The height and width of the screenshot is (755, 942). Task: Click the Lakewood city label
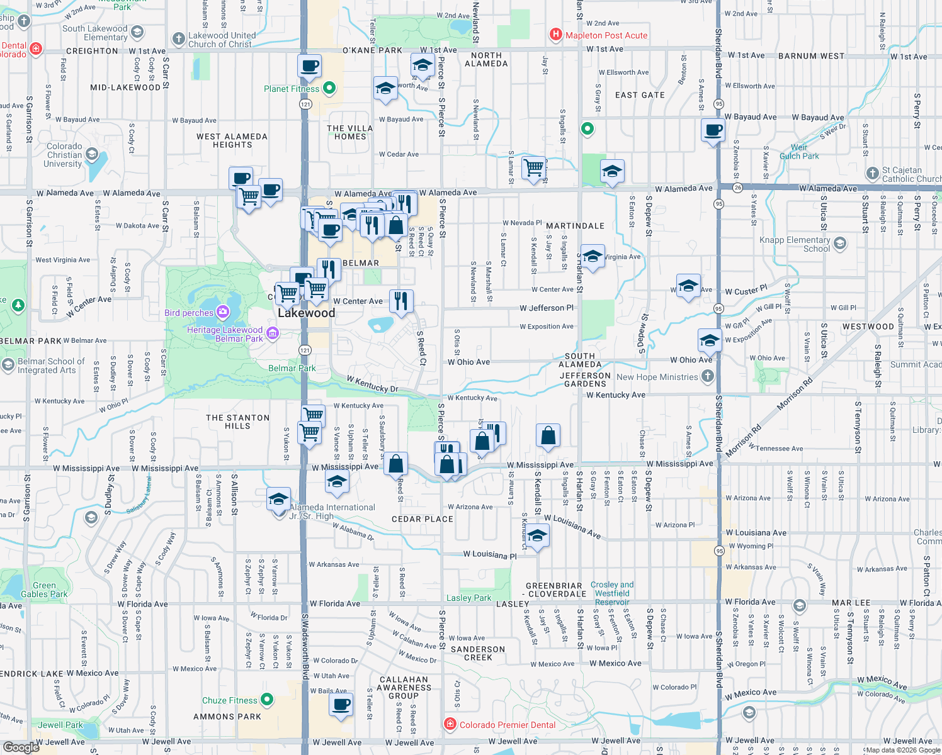coord(307,313)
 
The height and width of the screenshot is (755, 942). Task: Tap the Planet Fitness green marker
coord(329,89)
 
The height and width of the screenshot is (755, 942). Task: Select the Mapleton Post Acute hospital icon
coord(555,35)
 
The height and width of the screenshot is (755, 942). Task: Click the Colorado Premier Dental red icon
coord(450,724)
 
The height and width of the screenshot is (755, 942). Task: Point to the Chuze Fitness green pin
coord(267,700)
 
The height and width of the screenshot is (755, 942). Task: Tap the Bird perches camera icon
coord(222,312)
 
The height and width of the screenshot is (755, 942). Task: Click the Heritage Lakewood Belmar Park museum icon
coord(273,333)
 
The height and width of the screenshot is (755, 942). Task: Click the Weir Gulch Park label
coord(799,152)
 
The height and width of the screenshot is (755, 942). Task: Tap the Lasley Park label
coord(468,598)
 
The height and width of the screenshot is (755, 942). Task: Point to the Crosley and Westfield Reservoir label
coord(612,593)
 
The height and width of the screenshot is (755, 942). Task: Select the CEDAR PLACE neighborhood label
coord(422,519)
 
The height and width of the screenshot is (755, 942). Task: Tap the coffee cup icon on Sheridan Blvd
coord(713,131)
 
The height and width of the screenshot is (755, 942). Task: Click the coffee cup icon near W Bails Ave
coord(341,704)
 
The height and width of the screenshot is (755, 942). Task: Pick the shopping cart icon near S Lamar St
coord(533,167)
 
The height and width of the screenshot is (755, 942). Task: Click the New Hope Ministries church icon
coord(707,376)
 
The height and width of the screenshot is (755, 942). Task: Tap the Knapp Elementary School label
coord(795,244)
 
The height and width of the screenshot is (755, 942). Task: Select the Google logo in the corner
coord(21,747)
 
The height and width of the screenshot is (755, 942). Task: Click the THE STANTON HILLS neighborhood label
coord(237,422)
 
